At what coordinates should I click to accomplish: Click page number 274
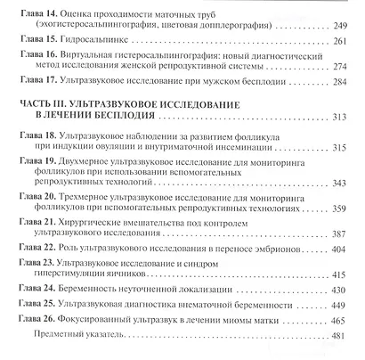[341, 67]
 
